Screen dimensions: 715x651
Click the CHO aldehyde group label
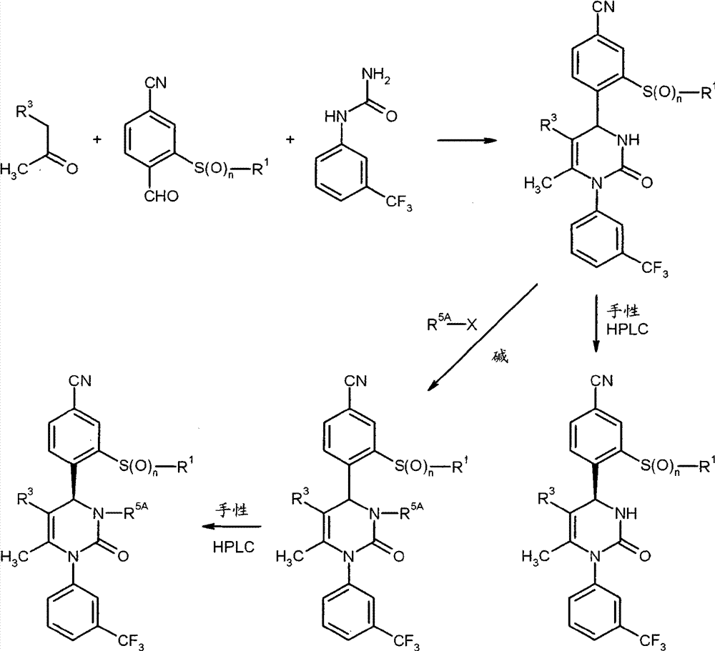[x=162, y=197]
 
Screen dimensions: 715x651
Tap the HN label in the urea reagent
[x=335, y=117]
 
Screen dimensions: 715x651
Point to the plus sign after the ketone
[x=97, y=139]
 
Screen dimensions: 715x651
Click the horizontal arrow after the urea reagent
[x=467, y=140]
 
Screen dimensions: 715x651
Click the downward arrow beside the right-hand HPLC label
[x=596, y=324]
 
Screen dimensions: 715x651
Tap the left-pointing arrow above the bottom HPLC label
[x=232, y=527]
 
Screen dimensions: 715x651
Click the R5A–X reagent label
[x=452, y=324]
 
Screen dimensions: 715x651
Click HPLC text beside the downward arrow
[x=627, y=329]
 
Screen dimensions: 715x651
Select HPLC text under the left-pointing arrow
[x=234, y=547]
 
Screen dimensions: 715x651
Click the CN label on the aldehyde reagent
[x=155, y=83]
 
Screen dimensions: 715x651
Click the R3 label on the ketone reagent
[x=24, y=110]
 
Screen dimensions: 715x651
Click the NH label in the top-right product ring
[x=628, y=140]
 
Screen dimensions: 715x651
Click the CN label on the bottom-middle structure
[x=355, y=381]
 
